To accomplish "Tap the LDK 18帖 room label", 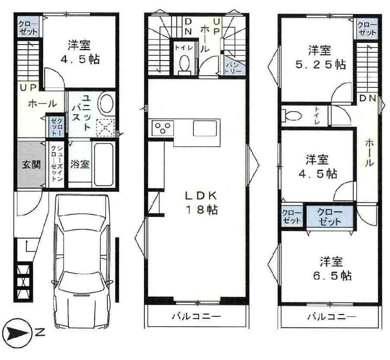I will pos(201,202).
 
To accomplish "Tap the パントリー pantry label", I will pos(230,66).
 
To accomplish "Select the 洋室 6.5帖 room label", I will pos(332,268).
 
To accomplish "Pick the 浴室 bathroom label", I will pos(80,164).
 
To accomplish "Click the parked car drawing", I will pos(83,255).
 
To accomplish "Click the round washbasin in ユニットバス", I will pos(106,104).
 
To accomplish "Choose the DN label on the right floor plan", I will pos(368,98).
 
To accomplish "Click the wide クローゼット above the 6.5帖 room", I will pos(329,216).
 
